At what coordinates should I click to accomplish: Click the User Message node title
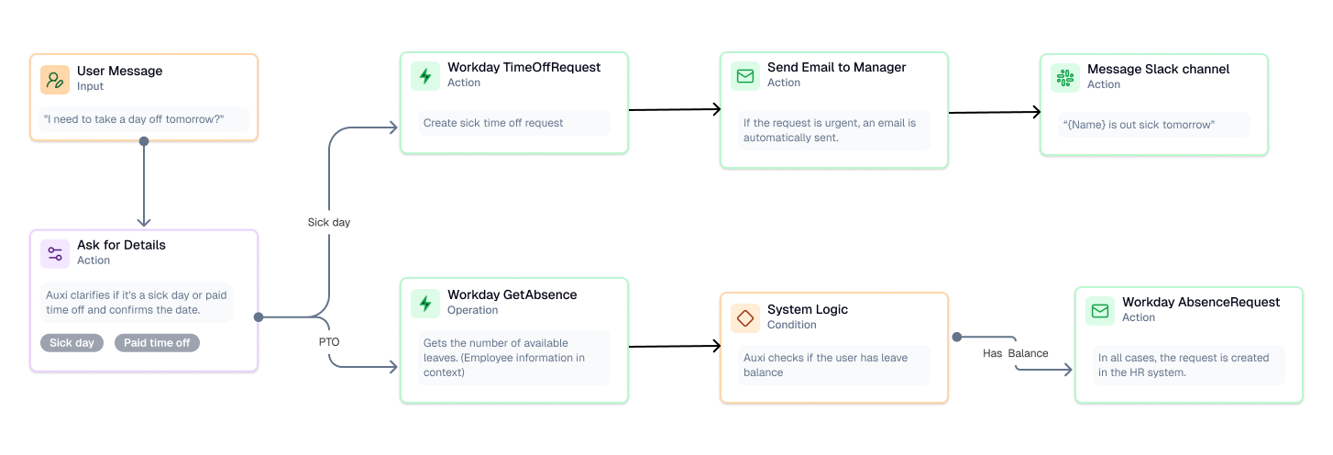click(x=119, y=71)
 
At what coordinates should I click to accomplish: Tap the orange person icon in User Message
click(x=55, y=79)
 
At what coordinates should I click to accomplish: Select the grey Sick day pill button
click(x=72, y=343)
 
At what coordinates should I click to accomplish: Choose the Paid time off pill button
click(x=157, y=343)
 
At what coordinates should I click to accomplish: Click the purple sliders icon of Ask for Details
click(x=55, y=253)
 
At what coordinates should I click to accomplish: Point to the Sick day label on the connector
click(x=328, y=222)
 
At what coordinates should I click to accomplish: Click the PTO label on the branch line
click(x=329, y=341)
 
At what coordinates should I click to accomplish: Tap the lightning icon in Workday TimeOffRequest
click(x=425, y=75)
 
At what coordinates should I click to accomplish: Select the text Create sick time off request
click(x=493, y=123)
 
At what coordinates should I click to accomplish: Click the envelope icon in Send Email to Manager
click(x=745, y=75)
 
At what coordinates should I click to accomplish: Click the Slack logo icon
click(x=1065, y=77)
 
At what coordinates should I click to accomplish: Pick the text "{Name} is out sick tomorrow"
click(x=1139, y=125)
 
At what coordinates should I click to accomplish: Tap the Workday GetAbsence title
click(x=512, y=294)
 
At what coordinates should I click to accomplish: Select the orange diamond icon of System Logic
click(x=745, y=317)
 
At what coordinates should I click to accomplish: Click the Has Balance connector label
click(x=1015, y=353)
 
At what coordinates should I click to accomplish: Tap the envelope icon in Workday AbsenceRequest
click(x=1100, y=310)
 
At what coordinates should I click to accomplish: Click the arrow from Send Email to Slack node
click(x=995, y=113)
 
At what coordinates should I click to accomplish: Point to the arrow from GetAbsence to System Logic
click(x=675, y=346)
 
